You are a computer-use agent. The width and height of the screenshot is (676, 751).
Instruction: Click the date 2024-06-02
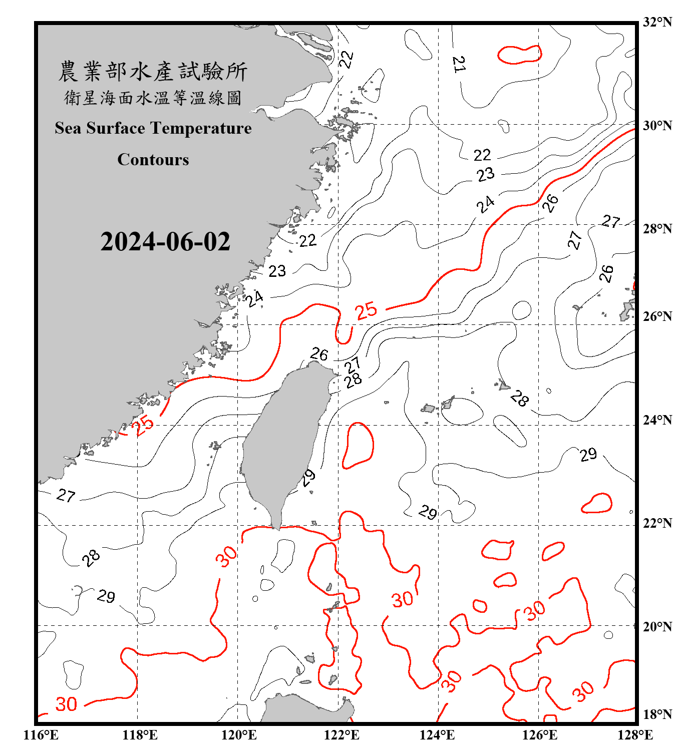(165, 241)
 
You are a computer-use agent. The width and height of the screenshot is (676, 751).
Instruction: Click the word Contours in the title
(153, 160)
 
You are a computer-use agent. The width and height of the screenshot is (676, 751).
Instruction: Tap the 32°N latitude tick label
(657, 22)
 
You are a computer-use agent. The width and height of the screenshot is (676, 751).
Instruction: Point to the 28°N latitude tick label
(657, 229)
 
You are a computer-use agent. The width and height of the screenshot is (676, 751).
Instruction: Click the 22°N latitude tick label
(657, 523)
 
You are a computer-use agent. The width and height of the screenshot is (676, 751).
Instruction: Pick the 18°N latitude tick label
(657, 714)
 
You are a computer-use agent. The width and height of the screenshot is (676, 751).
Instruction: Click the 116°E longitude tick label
(41, 735)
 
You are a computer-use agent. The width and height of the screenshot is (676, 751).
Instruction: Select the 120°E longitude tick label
(239, 735)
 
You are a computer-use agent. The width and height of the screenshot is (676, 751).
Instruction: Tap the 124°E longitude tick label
(437, 735)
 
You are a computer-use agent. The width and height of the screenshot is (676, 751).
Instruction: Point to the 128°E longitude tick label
(635, 735)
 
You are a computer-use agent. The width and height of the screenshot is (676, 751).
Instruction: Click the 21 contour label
(459, 64)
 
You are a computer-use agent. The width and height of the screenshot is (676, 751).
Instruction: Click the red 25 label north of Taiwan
(366, 311)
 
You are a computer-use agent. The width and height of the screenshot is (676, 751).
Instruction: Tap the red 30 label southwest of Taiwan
(226, 556)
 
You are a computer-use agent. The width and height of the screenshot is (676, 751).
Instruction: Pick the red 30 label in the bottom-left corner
(66, 704)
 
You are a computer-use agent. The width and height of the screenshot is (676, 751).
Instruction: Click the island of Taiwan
(283, 441)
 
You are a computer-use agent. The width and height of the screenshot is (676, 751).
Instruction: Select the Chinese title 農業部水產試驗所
(153, 72)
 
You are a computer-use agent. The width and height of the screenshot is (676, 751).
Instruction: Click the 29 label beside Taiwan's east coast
(308, 478)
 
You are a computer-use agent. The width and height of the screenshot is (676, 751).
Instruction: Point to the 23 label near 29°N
(485, 175)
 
